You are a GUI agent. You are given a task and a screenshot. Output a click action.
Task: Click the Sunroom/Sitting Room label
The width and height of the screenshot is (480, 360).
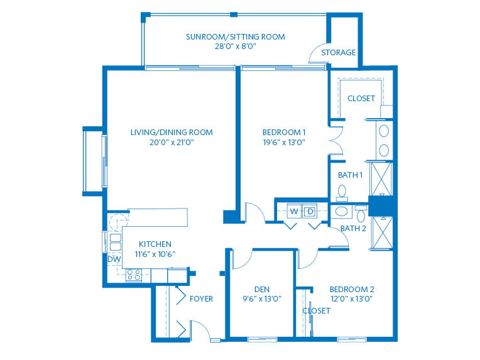coord(236,37)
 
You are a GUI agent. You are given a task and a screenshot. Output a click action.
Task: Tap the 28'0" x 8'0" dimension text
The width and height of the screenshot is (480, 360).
coord(236,46)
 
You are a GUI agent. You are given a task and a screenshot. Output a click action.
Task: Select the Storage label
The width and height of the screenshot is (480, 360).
coord(338,53)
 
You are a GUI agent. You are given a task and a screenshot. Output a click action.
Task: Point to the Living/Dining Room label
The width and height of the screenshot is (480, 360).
coord(172,133)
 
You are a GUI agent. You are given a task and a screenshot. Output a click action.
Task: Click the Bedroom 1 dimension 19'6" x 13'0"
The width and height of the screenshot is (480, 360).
coord(284,143)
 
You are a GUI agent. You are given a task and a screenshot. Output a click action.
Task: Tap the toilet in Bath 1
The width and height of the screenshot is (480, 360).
coord(342,193)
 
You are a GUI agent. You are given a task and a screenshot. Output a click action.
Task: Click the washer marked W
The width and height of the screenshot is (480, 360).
coord(294,211)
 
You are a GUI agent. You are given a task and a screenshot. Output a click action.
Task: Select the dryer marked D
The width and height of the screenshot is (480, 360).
coord(310,211)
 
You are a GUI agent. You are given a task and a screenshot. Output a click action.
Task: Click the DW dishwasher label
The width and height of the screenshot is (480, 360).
coord(114,259)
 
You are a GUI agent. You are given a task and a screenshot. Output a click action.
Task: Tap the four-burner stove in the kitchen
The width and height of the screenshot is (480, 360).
coord(134,275)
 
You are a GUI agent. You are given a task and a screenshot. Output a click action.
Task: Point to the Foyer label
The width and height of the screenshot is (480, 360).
coord(201,299)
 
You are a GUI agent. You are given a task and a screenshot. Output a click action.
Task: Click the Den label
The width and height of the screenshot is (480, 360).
coord(262,290)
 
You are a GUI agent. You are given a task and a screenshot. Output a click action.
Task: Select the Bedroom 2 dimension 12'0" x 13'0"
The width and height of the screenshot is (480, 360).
coord(352,299)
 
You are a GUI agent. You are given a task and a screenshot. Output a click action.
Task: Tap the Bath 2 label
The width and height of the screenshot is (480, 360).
coord(353,229)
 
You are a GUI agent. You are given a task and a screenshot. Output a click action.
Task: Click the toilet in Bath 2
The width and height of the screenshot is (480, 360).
coord(361,214)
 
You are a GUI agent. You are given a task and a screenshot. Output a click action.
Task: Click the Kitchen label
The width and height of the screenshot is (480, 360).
coord(155,244)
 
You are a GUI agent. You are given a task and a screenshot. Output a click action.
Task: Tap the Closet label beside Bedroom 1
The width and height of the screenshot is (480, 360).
coord(361,99)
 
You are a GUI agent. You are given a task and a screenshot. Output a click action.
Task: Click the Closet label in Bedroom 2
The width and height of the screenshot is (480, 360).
coord(317,311)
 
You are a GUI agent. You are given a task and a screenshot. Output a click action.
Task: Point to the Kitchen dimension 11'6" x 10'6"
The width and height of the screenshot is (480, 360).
coord(155,254)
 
